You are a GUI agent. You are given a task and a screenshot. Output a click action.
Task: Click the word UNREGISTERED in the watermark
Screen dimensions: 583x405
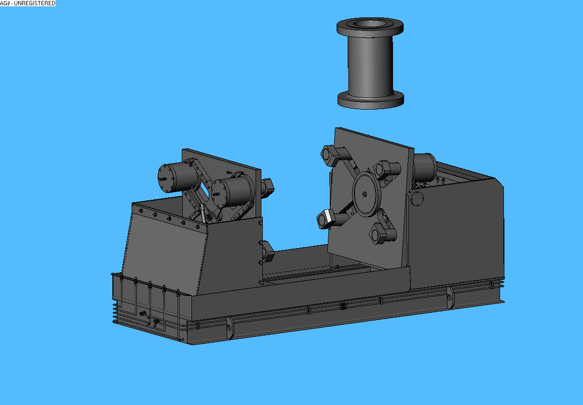click(x=35, y=3)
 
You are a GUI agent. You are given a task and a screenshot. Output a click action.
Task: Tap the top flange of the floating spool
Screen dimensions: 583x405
click(x=370, y=28)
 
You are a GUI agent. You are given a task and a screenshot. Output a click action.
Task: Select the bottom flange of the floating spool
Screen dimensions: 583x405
click(x=371, y=100)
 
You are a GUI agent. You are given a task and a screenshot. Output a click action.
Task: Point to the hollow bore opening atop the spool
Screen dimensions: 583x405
click(x=369, y=24)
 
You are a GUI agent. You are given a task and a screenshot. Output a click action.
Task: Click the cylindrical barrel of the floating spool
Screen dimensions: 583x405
click(x=370, y=67)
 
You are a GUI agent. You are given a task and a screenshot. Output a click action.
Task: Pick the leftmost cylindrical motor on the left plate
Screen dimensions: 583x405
click(x=177, y=177)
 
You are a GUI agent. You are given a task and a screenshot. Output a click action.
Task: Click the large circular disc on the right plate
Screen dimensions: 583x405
click(x=366, y=195)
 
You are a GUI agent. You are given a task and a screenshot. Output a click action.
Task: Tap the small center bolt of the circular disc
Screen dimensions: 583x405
click(x=365, y=194)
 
